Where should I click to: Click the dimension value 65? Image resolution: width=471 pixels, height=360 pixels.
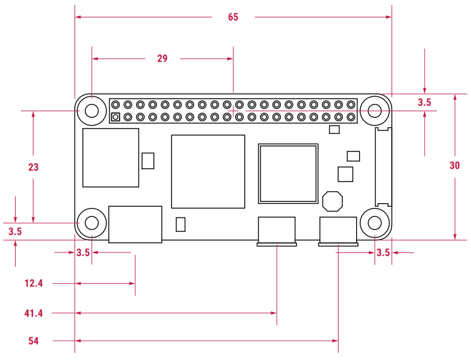point(233,17)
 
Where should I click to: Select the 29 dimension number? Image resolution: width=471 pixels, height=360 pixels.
point(162,59)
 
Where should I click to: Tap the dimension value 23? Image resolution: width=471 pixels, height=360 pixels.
point(33,167)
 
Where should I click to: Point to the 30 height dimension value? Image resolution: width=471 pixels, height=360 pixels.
point(455,166)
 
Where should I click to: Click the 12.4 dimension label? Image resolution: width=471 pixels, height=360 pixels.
point(34,283)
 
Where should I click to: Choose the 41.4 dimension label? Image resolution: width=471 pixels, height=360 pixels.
point(34,313)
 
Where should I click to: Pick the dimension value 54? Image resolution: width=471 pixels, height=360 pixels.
point(34,341)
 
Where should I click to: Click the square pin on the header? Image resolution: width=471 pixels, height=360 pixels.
point(115,117)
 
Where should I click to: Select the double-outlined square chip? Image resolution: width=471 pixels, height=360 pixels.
point(288,173)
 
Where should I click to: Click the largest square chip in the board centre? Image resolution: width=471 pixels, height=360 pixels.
point(208,171)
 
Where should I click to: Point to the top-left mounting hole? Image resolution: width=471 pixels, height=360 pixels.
point(92,111)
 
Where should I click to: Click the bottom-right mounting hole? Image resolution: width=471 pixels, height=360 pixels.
point(375,224)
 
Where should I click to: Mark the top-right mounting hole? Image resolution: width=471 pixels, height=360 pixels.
point(375,111)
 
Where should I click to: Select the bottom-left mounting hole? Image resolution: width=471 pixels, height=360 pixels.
point(92,224)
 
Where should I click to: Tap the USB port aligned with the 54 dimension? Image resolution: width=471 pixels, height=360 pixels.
point(338,231)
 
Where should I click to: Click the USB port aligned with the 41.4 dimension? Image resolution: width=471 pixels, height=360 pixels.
point(277,231)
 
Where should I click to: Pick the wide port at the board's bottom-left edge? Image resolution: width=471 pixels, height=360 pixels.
point(135,224)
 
